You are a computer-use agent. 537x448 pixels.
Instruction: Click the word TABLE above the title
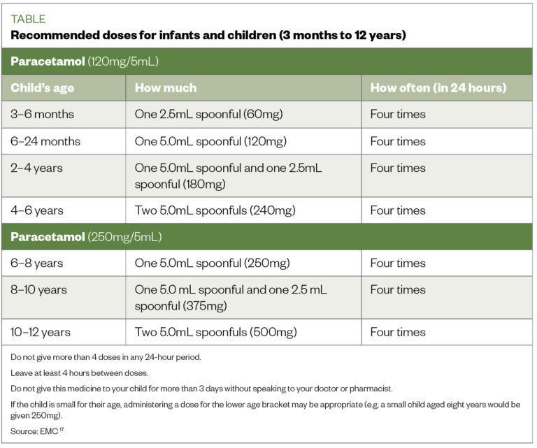[28, 20]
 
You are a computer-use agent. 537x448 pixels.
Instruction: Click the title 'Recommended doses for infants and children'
[208, 35]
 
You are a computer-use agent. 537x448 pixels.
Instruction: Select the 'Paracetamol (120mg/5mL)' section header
[85, 61]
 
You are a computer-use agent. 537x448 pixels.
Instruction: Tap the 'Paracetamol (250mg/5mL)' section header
[86, 236]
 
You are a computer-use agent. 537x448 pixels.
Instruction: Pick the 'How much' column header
[166, 88]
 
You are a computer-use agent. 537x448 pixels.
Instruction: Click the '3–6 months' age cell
[42, 115]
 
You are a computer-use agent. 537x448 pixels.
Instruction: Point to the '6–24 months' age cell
[45, 141]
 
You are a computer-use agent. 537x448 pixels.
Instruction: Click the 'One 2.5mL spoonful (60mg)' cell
[208, 115]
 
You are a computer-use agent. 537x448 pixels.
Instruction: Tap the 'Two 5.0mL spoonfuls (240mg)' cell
[215, 210]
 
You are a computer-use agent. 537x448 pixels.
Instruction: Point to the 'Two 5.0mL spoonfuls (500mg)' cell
[215, 332]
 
